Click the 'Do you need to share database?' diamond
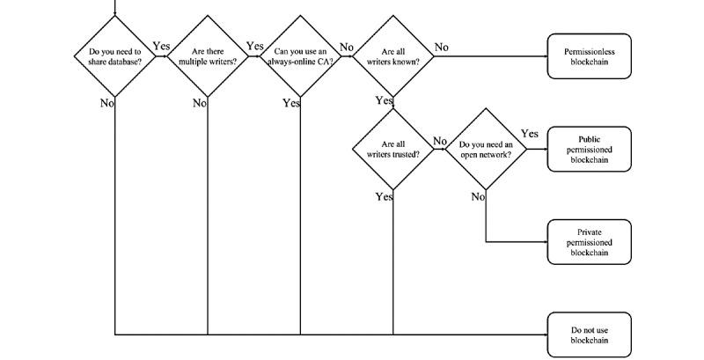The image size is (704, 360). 114,56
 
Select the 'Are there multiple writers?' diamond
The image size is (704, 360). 207,56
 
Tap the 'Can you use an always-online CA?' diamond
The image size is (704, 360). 300,56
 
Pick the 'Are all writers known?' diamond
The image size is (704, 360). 393,56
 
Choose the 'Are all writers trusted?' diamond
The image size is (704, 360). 393,148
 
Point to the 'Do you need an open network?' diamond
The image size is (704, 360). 486,148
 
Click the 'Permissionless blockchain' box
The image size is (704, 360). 589,56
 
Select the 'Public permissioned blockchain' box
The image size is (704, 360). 589,149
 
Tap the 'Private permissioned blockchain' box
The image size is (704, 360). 589,242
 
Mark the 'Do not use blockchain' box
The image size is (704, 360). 589,334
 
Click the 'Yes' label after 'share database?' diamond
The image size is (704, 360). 161,46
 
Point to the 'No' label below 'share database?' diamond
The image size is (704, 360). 106,103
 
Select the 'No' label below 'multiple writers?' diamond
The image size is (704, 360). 199,103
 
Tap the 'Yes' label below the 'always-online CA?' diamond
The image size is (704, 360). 291,103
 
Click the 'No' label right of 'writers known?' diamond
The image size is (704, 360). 441,47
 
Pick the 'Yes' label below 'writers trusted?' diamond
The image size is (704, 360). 384,196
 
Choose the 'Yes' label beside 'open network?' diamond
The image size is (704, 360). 529,134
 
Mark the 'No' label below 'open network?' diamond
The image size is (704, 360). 478,196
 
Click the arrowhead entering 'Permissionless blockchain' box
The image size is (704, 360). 543,56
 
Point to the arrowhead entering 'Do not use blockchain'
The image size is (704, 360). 543,334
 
